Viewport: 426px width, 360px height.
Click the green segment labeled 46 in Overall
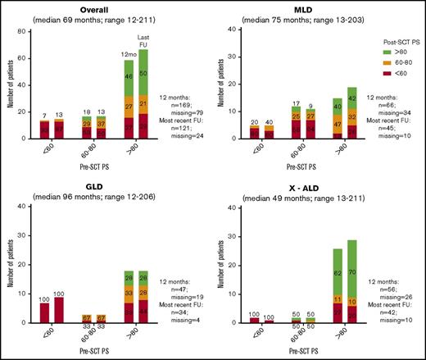point(129,76)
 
